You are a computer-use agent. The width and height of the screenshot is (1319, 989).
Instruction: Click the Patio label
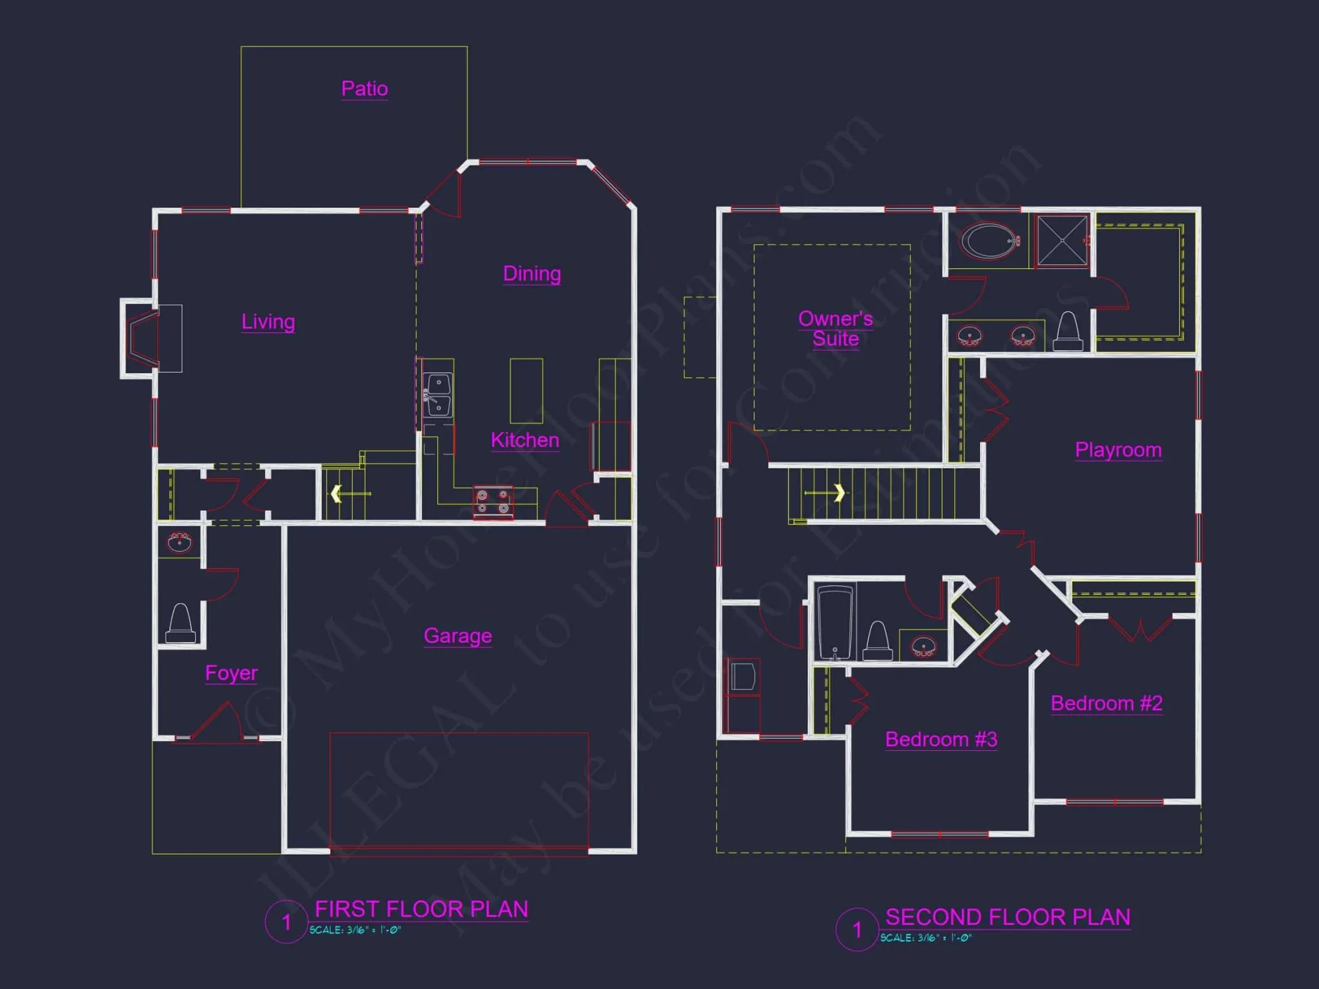tap(364, 88)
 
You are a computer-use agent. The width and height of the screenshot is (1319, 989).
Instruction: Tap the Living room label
tap(268, 322)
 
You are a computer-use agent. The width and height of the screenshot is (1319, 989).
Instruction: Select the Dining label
tap(532, 274)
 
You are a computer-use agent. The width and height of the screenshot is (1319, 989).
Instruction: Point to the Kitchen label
tap(525, 440)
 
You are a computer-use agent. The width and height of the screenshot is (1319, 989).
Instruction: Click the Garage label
tap(458, 636)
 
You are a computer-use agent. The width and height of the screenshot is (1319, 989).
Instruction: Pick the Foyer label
tap(231, 673)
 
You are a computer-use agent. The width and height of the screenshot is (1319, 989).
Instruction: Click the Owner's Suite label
tap(835, 328)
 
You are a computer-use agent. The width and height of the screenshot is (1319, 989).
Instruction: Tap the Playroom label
tap(1118, 450)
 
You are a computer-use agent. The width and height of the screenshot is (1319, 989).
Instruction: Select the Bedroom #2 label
tap(1106, 704)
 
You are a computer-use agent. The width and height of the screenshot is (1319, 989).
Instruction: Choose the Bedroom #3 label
tap(940, 740)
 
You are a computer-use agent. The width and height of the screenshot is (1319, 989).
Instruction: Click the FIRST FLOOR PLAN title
tap(421, 909)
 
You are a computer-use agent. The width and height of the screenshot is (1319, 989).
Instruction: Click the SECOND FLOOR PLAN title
tap(1007, 917)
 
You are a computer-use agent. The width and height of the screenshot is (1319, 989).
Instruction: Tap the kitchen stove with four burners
tap(493, 502)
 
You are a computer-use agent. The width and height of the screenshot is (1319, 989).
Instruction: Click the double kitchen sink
tap(438, 395)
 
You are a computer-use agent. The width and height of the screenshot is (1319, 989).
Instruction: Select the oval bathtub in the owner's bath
tap(989, 241)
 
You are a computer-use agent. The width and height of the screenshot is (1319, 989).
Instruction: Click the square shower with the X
tap(1062, 241)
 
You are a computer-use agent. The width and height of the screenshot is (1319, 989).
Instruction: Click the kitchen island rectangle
tap(526, 390)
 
